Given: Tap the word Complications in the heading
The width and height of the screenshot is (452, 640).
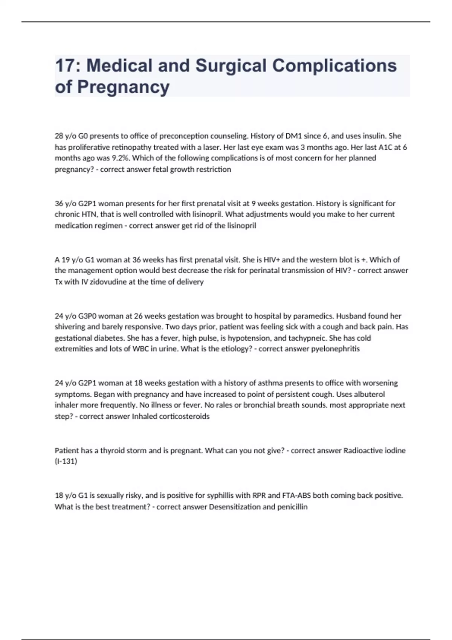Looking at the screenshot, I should pyautogui.click(x=334, y=66).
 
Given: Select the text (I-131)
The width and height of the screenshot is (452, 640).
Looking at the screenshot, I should pyautogui.click(x=66, y=461).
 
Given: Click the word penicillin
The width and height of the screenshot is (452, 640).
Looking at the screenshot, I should pyautogui.click(x=292, y=507).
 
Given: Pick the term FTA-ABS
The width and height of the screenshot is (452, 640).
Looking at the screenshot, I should pyautogui.click(x=296, y=495).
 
